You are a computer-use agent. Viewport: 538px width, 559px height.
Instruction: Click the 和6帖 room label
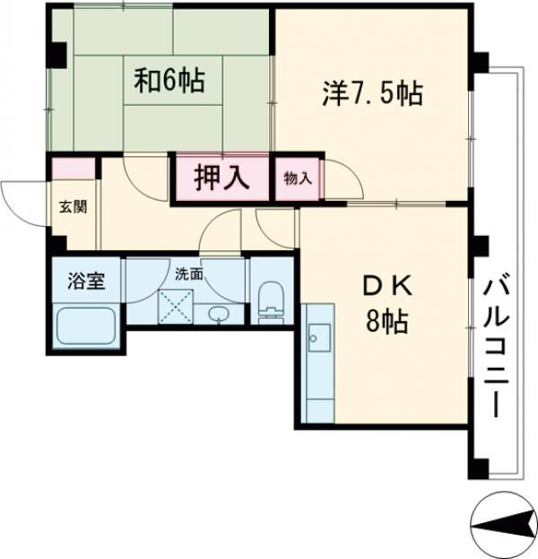[x=169, y=83]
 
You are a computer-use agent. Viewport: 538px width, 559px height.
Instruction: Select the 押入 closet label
[x=221, y=177]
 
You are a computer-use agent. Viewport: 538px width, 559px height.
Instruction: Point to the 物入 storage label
[x=298, y=178]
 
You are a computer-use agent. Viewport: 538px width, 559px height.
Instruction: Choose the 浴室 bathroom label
[x=87, y=281]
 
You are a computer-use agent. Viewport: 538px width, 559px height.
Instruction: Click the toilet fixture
[x=270, y=301]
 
